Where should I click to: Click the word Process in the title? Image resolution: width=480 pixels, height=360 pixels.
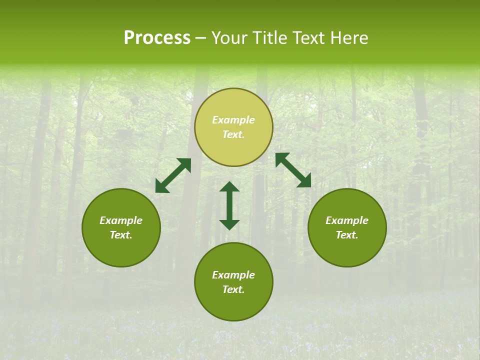coord(157,38)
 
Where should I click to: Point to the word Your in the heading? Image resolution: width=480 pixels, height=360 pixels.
coord(230,38)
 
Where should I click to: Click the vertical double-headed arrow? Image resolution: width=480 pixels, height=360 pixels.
coord(229,205)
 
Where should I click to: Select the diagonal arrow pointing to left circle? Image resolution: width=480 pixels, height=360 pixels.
coord(173,175)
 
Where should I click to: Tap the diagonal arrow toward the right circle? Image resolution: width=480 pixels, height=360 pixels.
coord(293,170)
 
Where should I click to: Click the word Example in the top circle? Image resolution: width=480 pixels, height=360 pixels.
coord(233,120)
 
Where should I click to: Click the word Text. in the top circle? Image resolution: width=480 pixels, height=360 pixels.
coord(233,134)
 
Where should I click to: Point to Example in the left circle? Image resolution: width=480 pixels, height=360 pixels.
coord(121,220)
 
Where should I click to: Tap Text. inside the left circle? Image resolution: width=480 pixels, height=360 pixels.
coord(121,235)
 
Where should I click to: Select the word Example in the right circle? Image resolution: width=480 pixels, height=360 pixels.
coord(347,220)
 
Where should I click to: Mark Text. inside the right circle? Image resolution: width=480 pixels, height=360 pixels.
coord(347,235)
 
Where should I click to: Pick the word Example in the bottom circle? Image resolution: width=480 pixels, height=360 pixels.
coord(233,275)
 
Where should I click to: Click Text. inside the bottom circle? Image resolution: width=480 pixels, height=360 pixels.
coord(233,289)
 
